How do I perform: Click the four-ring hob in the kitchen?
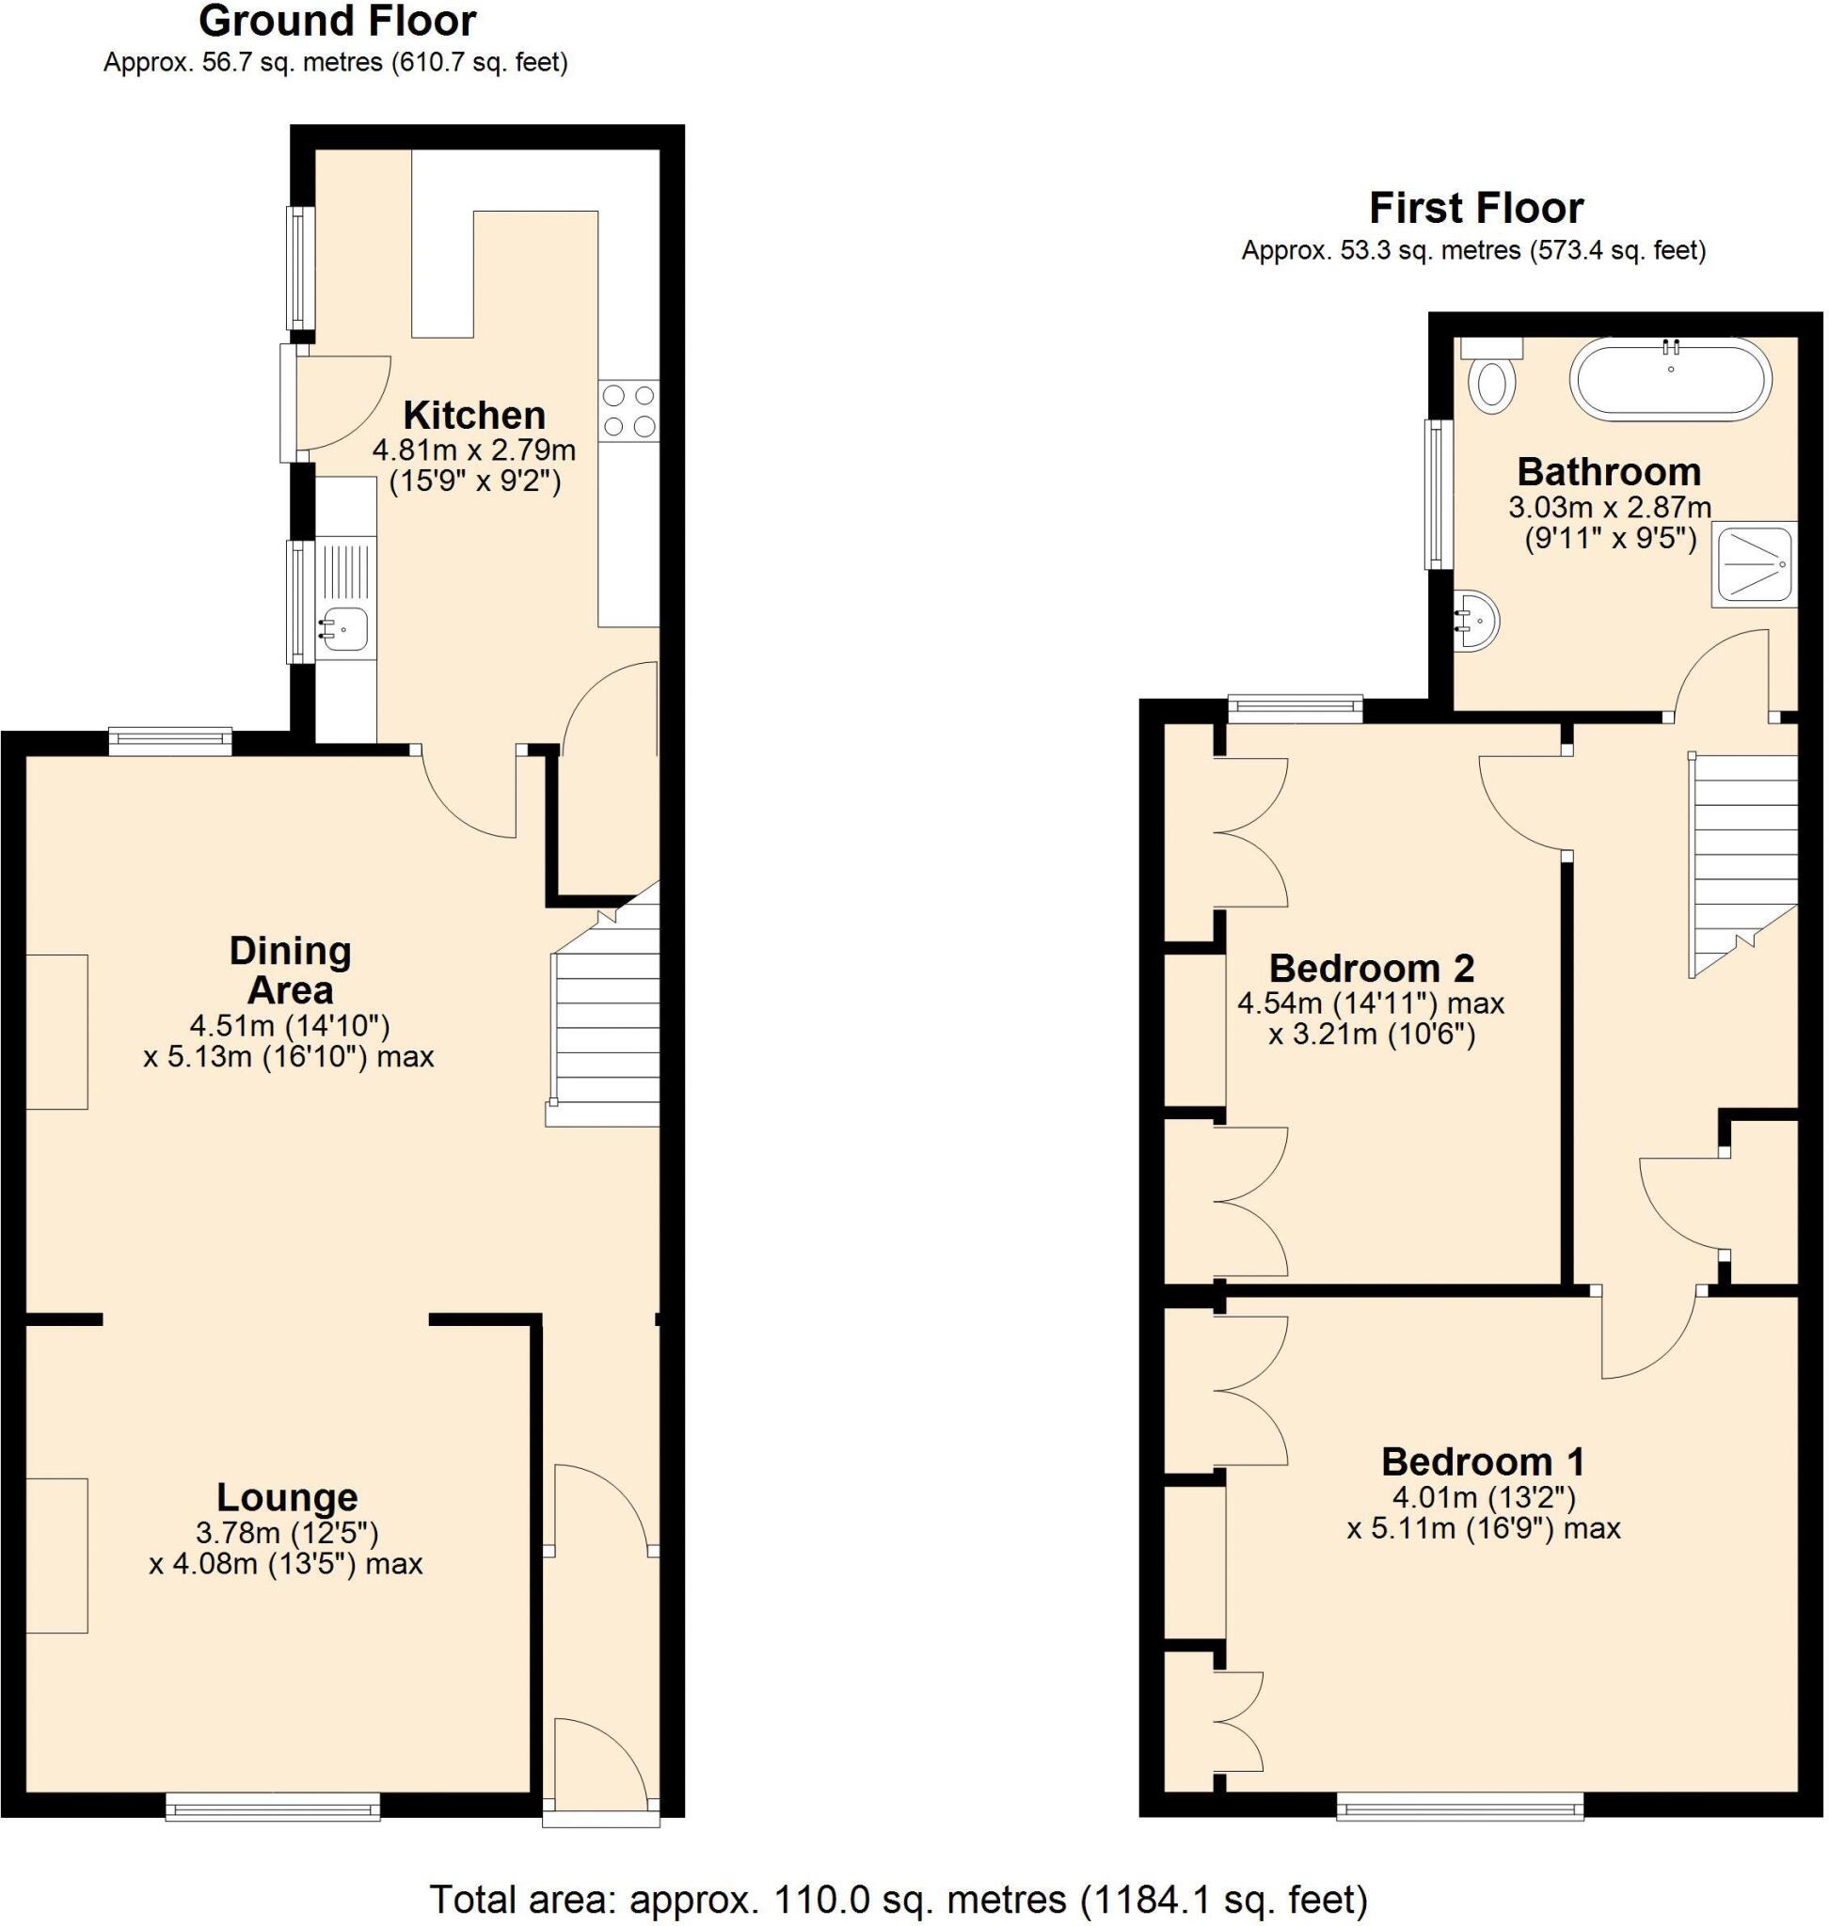(628, 410)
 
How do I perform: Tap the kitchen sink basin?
(344, 629)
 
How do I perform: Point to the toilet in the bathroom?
(1491, 382)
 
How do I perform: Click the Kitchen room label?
(474, 416)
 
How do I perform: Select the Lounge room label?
(287, 1497)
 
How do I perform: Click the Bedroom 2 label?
(1371, 968)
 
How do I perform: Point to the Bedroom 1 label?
(1482, 1462)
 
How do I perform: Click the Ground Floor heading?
(338, 22)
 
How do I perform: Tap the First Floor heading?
(1475, 209)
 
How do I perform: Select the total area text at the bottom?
(898, 1899)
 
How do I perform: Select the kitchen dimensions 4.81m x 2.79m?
(474, 450)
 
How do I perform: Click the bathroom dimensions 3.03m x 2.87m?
(1610, 507)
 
